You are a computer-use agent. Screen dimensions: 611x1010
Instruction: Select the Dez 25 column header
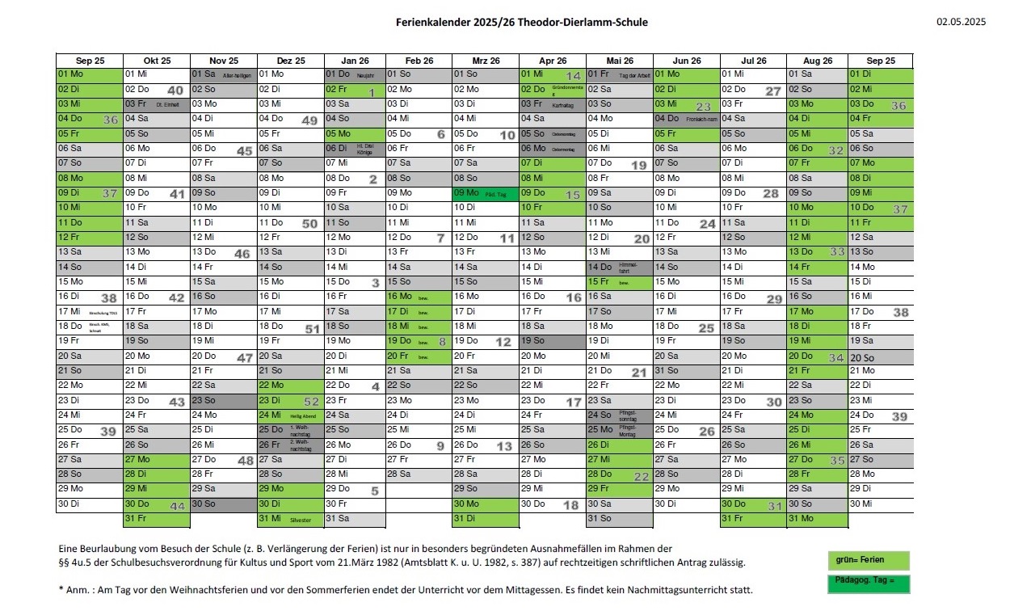coord(290,61)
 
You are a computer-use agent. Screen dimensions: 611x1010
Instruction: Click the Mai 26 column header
coord(619,61)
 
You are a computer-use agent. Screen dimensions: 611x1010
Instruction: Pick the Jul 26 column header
coord(753,61)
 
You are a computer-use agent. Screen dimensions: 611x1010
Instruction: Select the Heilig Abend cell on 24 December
coord(290,415)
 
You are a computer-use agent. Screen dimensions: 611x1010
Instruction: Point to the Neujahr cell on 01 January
coord(355,74)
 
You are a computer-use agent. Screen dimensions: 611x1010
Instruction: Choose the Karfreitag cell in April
coord(552,104)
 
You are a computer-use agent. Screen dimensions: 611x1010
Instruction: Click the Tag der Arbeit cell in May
coord(619,74)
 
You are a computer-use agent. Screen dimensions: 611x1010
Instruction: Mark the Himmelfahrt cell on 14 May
coord(619,268)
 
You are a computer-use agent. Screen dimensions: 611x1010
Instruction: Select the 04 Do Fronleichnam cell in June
coord(686,119)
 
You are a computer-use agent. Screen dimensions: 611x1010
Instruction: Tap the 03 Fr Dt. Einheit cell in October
coord(156,104)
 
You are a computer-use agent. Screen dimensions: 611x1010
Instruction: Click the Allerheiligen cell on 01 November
coord(224,74)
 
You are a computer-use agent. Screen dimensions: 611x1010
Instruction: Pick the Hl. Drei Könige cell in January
coord(355,149)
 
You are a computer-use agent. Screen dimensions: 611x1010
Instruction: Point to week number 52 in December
coord(310,402)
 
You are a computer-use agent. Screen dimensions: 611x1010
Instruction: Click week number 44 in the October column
coord(178,506)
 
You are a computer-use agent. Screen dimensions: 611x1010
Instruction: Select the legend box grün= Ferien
coord(869,560)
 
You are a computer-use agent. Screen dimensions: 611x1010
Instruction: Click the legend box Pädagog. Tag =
coord(869,584)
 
